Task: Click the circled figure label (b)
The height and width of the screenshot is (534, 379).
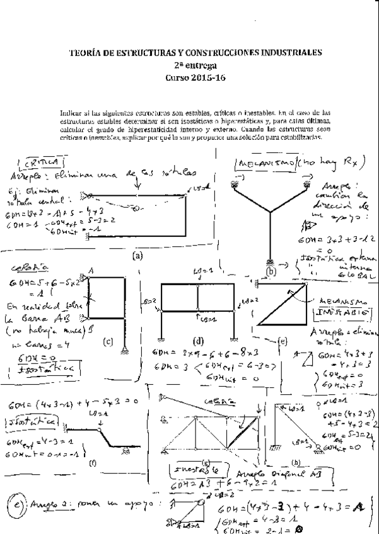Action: click(272, 272)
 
